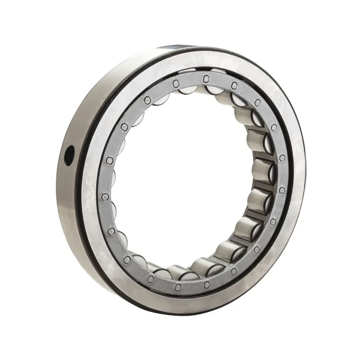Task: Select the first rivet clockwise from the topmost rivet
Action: pyautogui.click(x=234, y=86)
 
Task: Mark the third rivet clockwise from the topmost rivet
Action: pyautogui.click(x=274, y=127)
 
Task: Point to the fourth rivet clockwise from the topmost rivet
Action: pyautogui.click(x=282, y=157)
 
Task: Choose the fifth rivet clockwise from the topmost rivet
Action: pyautogui.click(x=282, y=190)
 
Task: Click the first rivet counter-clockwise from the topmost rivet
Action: pyautogui.click(x=176, y=83)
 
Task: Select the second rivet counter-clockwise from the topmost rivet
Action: pyautogui.click(x=147, y=100)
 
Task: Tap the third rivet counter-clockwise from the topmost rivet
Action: pyautogui.click(x=124, y=127)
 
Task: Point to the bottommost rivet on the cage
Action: pyautogui.click(x=178, y=285)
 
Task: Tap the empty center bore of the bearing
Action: pyautogui.click(x=180, y=180)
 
